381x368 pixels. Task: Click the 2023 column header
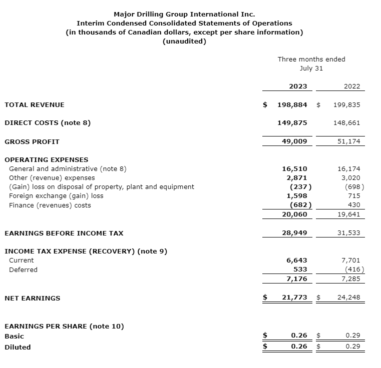[x=298, y=86]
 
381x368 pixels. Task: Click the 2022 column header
[x=351, y=86]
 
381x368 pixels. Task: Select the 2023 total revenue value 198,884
[x=292, y=105]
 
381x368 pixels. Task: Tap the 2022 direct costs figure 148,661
[x=346, y=123]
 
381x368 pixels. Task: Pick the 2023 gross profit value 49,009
[x=295, y=141]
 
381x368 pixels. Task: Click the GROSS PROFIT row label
[x=32, y=141]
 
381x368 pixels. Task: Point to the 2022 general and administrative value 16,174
[x=348, y=169]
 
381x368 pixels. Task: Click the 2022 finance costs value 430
[x=353, y=205]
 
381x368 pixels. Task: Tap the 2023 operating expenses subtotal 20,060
[x=295, y=214]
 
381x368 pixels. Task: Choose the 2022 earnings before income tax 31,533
[x=348, y=233]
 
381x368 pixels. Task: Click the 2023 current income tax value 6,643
[x=297, y=260]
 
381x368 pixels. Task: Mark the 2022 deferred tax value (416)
[x=352, y=269]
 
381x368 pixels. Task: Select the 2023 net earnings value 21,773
[x=295, y=297]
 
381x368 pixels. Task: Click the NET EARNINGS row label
[x=32, y=298]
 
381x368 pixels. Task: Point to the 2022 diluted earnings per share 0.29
[x=352, y=346]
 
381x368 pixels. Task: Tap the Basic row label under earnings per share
[x=14, y=336]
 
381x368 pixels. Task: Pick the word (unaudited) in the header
[x=184, y=41]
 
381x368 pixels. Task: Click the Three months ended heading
[x=311, y=59]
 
